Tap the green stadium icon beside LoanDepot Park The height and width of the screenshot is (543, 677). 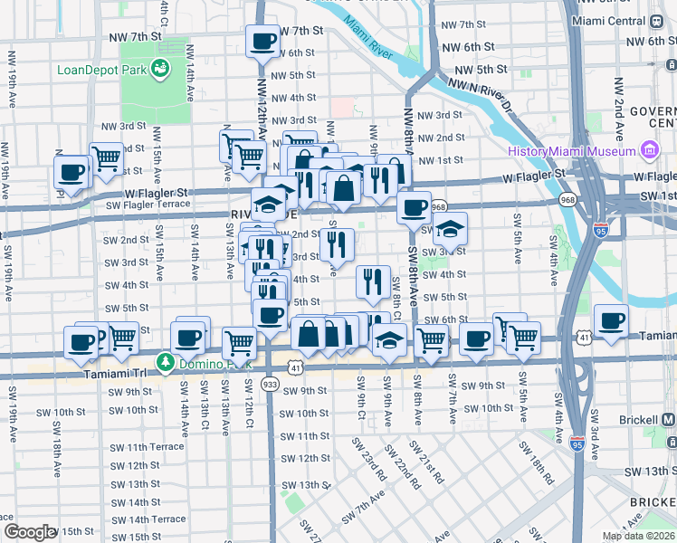160,67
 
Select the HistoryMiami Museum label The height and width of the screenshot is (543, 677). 571,151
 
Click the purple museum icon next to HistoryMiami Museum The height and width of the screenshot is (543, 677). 649,150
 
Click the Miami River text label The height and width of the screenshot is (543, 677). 368,41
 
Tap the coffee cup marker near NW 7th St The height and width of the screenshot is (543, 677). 263,41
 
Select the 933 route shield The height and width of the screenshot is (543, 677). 270,385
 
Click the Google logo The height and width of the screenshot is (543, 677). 30,531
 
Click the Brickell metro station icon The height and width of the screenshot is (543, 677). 668,420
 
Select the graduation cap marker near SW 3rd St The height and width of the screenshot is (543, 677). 450,230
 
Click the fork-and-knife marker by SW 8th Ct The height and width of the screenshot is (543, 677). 373,283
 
